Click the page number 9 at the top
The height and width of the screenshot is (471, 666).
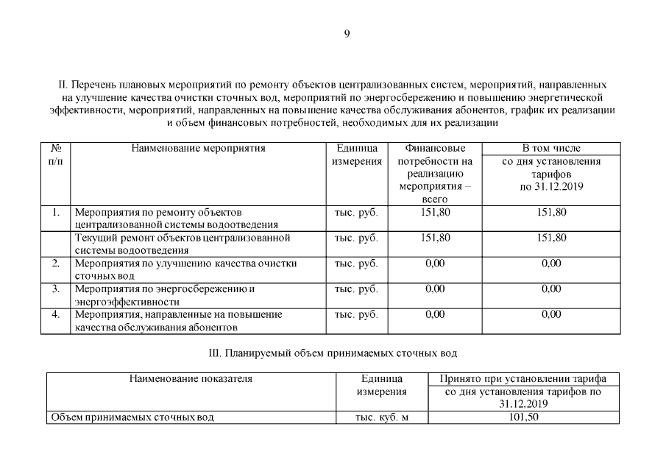347,32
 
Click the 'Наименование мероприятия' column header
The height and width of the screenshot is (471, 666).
198,148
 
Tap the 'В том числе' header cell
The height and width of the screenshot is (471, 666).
551,148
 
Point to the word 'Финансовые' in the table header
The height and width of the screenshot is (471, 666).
435,148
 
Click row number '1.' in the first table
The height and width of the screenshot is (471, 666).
55,212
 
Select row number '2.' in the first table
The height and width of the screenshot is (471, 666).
55,263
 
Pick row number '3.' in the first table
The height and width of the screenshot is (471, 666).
55,288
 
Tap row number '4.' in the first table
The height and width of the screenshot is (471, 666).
55,314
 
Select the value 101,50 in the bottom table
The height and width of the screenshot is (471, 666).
522,417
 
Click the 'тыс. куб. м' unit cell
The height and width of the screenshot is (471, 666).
381,417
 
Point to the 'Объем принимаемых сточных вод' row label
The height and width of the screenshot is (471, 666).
132,417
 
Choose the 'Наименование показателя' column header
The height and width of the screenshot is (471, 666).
191,379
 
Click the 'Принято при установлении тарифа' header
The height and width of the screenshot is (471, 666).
522,379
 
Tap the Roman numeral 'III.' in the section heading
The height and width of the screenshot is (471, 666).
216,354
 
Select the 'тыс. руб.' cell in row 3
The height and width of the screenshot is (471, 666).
356,288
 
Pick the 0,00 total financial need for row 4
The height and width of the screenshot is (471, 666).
435,314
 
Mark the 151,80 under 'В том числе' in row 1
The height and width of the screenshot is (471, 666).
551,212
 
